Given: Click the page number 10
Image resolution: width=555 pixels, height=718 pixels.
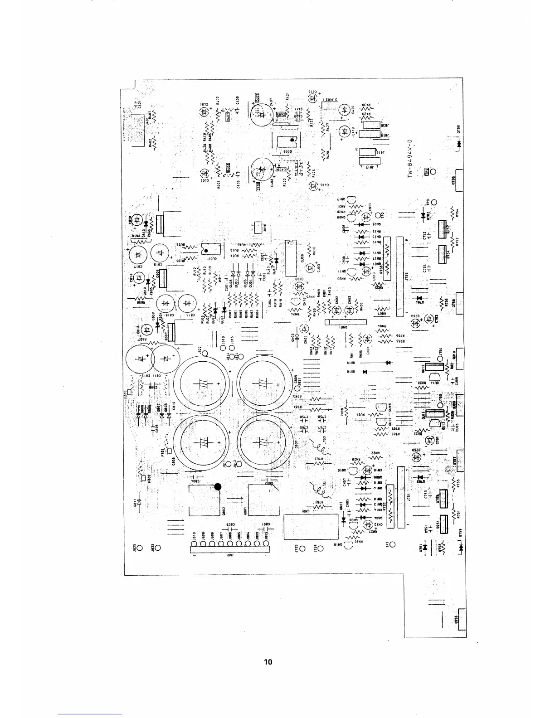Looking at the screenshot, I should tap(268, 662).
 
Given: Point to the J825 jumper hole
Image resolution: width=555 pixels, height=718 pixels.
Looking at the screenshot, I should tap(140, 548).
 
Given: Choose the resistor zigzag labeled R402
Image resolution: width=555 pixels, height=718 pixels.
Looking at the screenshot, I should tap(155, 143).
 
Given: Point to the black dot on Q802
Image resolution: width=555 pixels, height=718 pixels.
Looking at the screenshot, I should tap(218, 487).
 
